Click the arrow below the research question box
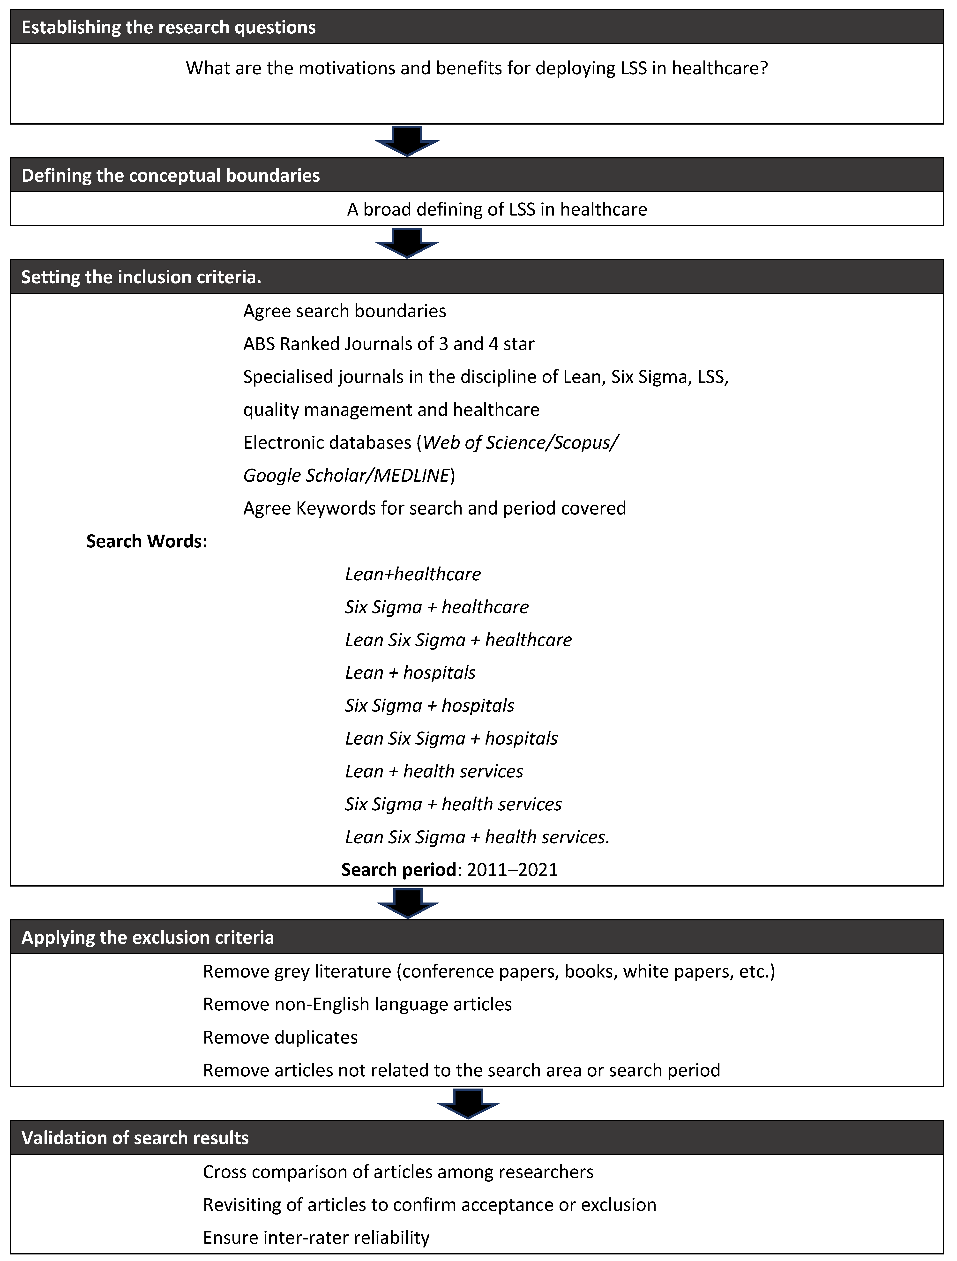tap(407, 140)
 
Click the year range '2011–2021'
tap(512, 870)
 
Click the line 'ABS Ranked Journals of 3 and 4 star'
tap(389, 344)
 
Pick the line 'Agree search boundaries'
tap(344, 311)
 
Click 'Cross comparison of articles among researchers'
tap(398, 1172)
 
